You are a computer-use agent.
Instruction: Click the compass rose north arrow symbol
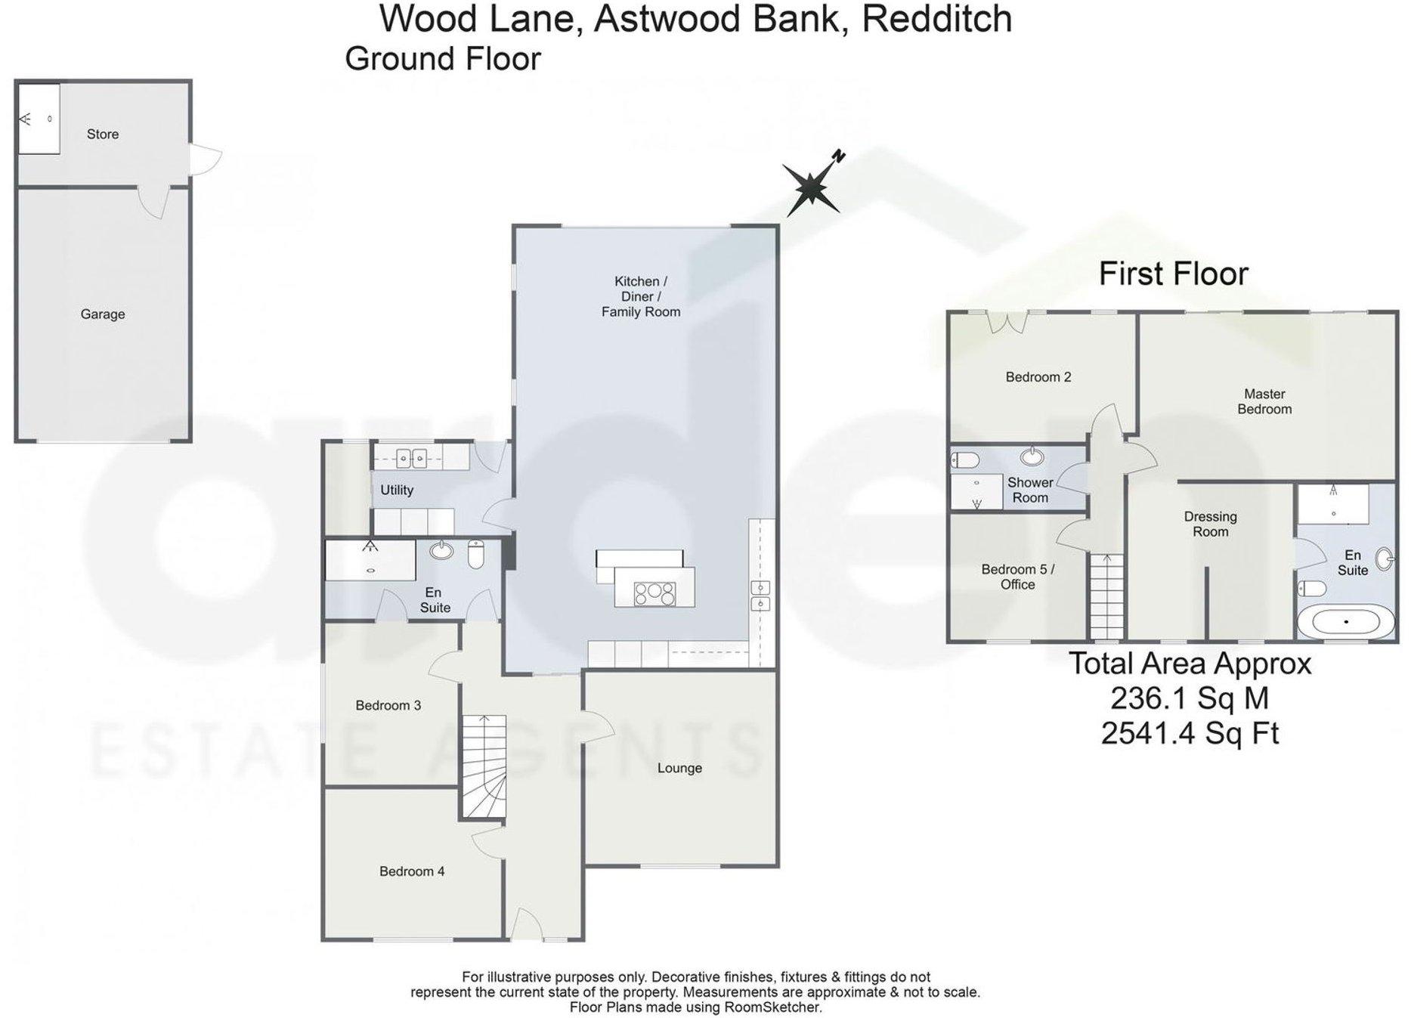pos(812,185)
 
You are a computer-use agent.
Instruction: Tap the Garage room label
pos(103,314)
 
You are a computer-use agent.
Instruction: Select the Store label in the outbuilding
pos(103,135)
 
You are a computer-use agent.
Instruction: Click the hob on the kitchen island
pos(654,594)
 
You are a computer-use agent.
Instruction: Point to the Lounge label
pos(679,769)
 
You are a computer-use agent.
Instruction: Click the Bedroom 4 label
pos(412,871)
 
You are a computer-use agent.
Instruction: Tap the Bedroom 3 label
pos(388,706)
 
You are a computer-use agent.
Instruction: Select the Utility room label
pos(397,490)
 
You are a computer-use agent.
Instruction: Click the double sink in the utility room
pos(411,457)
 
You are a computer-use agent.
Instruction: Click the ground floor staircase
pos(484,765)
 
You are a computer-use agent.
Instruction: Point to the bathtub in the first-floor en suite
pos(1346,622)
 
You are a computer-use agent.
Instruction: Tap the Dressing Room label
pos(1210,524)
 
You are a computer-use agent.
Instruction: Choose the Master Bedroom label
pos(1264,401)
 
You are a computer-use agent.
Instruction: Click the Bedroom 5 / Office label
pos(1017,577)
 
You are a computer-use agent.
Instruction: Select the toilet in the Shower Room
pos(965,459)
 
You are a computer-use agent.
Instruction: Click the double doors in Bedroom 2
pos(1008,321)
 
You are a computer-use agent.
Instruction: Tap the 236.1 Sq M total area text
pos(1190,698)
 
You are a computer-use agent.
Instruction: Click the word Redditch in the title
pos(936,19)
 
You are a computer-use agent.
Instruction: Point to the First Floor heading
pos(1173,274)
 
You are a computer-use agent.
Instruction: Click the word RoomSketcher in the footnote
pos(772,1007)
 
